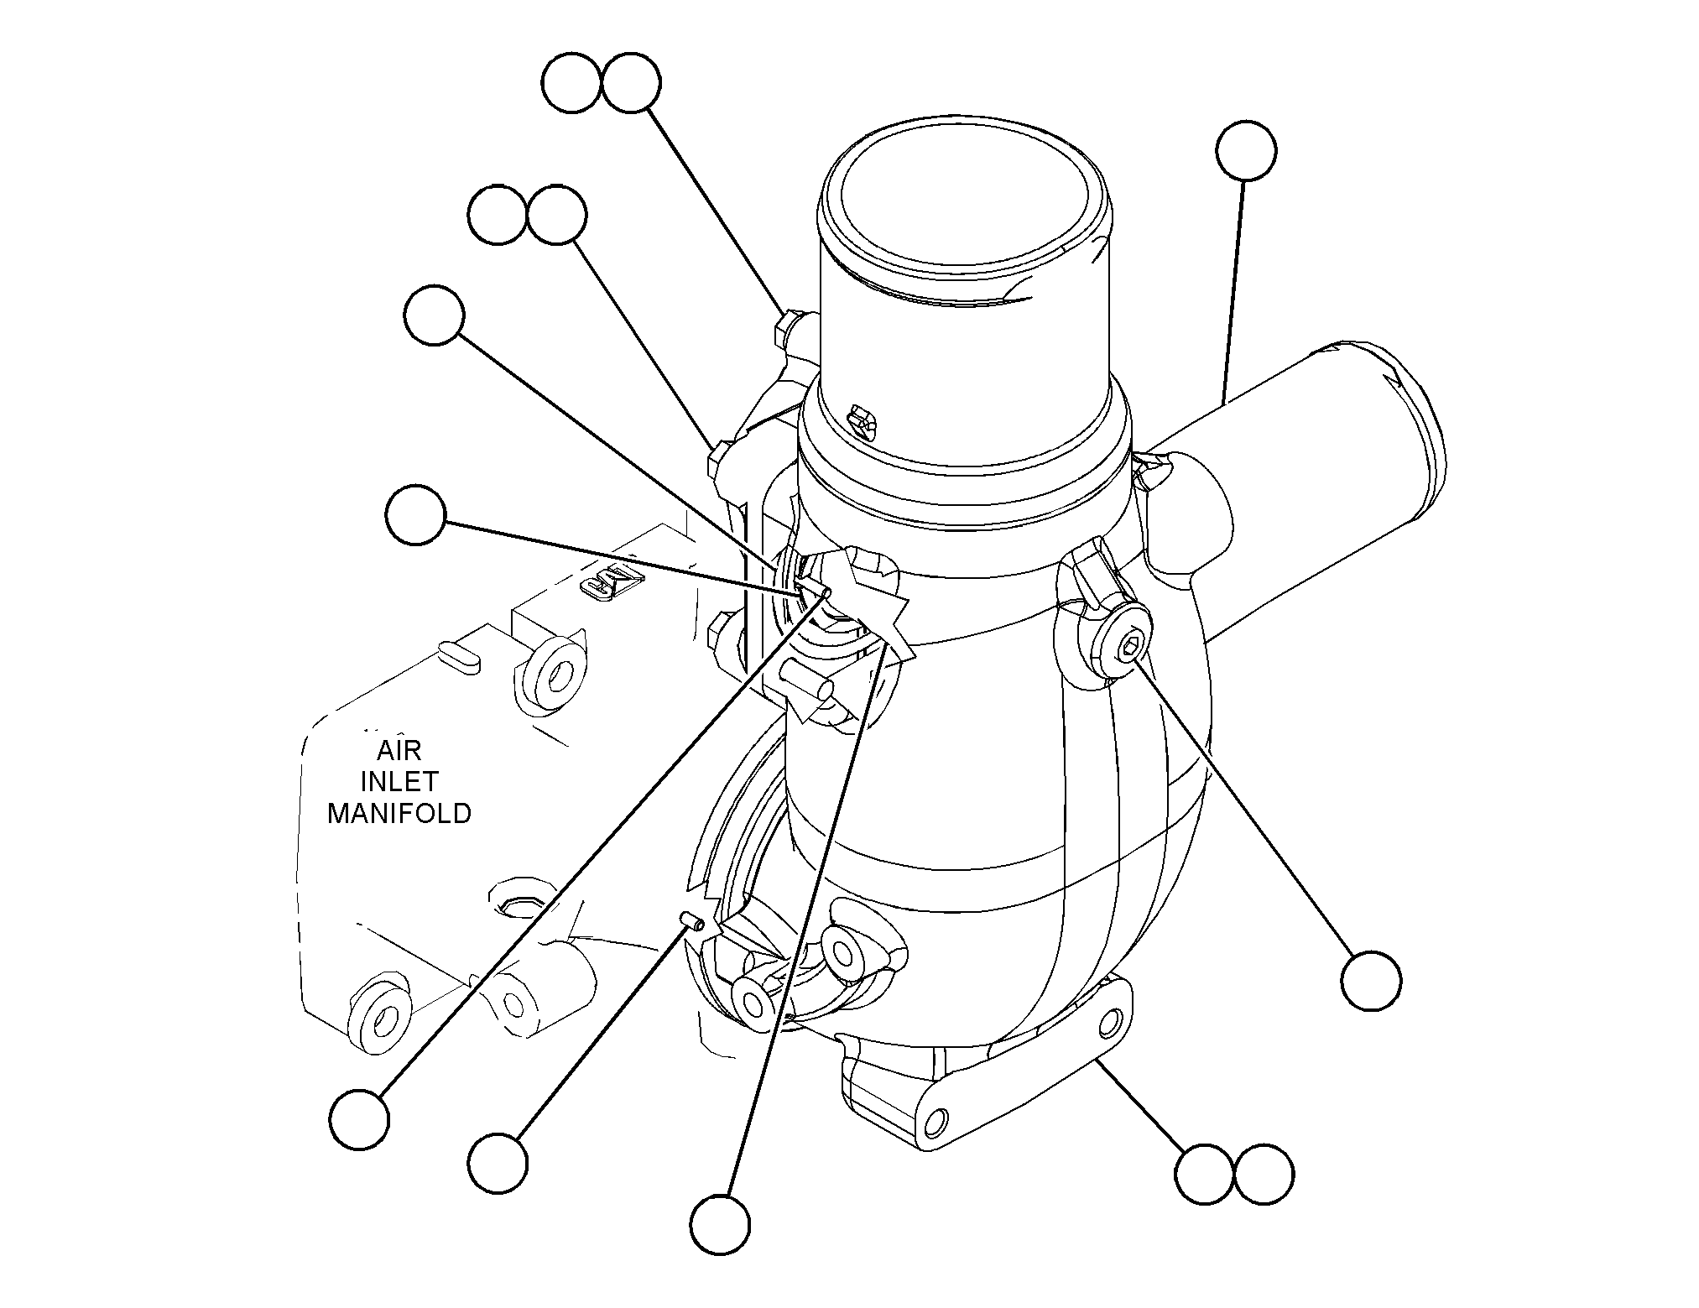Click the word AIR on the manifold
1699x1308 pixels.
(399, 748)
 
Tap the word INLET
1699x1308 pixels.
(399, 781)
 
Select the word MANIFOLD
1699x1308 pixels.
(399, 814)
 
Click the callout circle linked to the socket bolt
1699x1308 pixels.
(1371, 980)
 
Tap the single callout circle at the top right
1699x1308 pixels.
(1246, 151)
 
